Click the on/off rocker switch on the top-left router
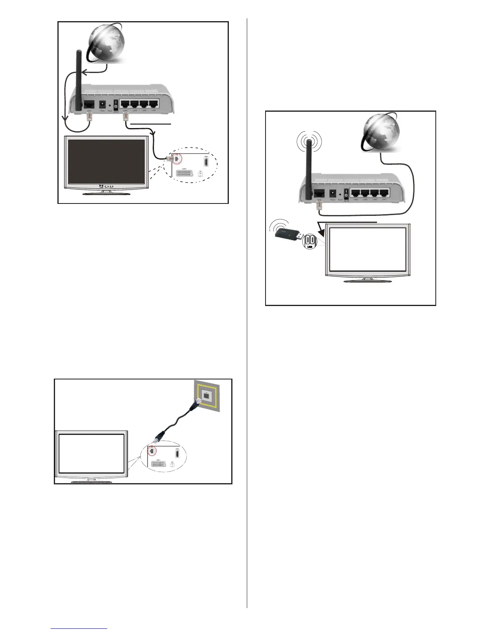116,105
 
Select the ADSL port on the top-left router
89,105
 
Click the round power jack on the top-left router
102,105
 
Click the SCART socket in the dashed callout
184,174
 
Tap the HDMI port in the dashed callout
206,162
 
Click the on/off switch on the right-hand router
346,194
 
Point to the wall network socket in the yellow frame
207,395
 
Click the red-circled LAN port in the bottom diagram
152,451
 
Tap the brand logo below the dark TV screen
106,186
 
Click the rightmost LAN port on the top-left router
153,105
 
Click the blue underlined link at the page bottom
79,628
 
